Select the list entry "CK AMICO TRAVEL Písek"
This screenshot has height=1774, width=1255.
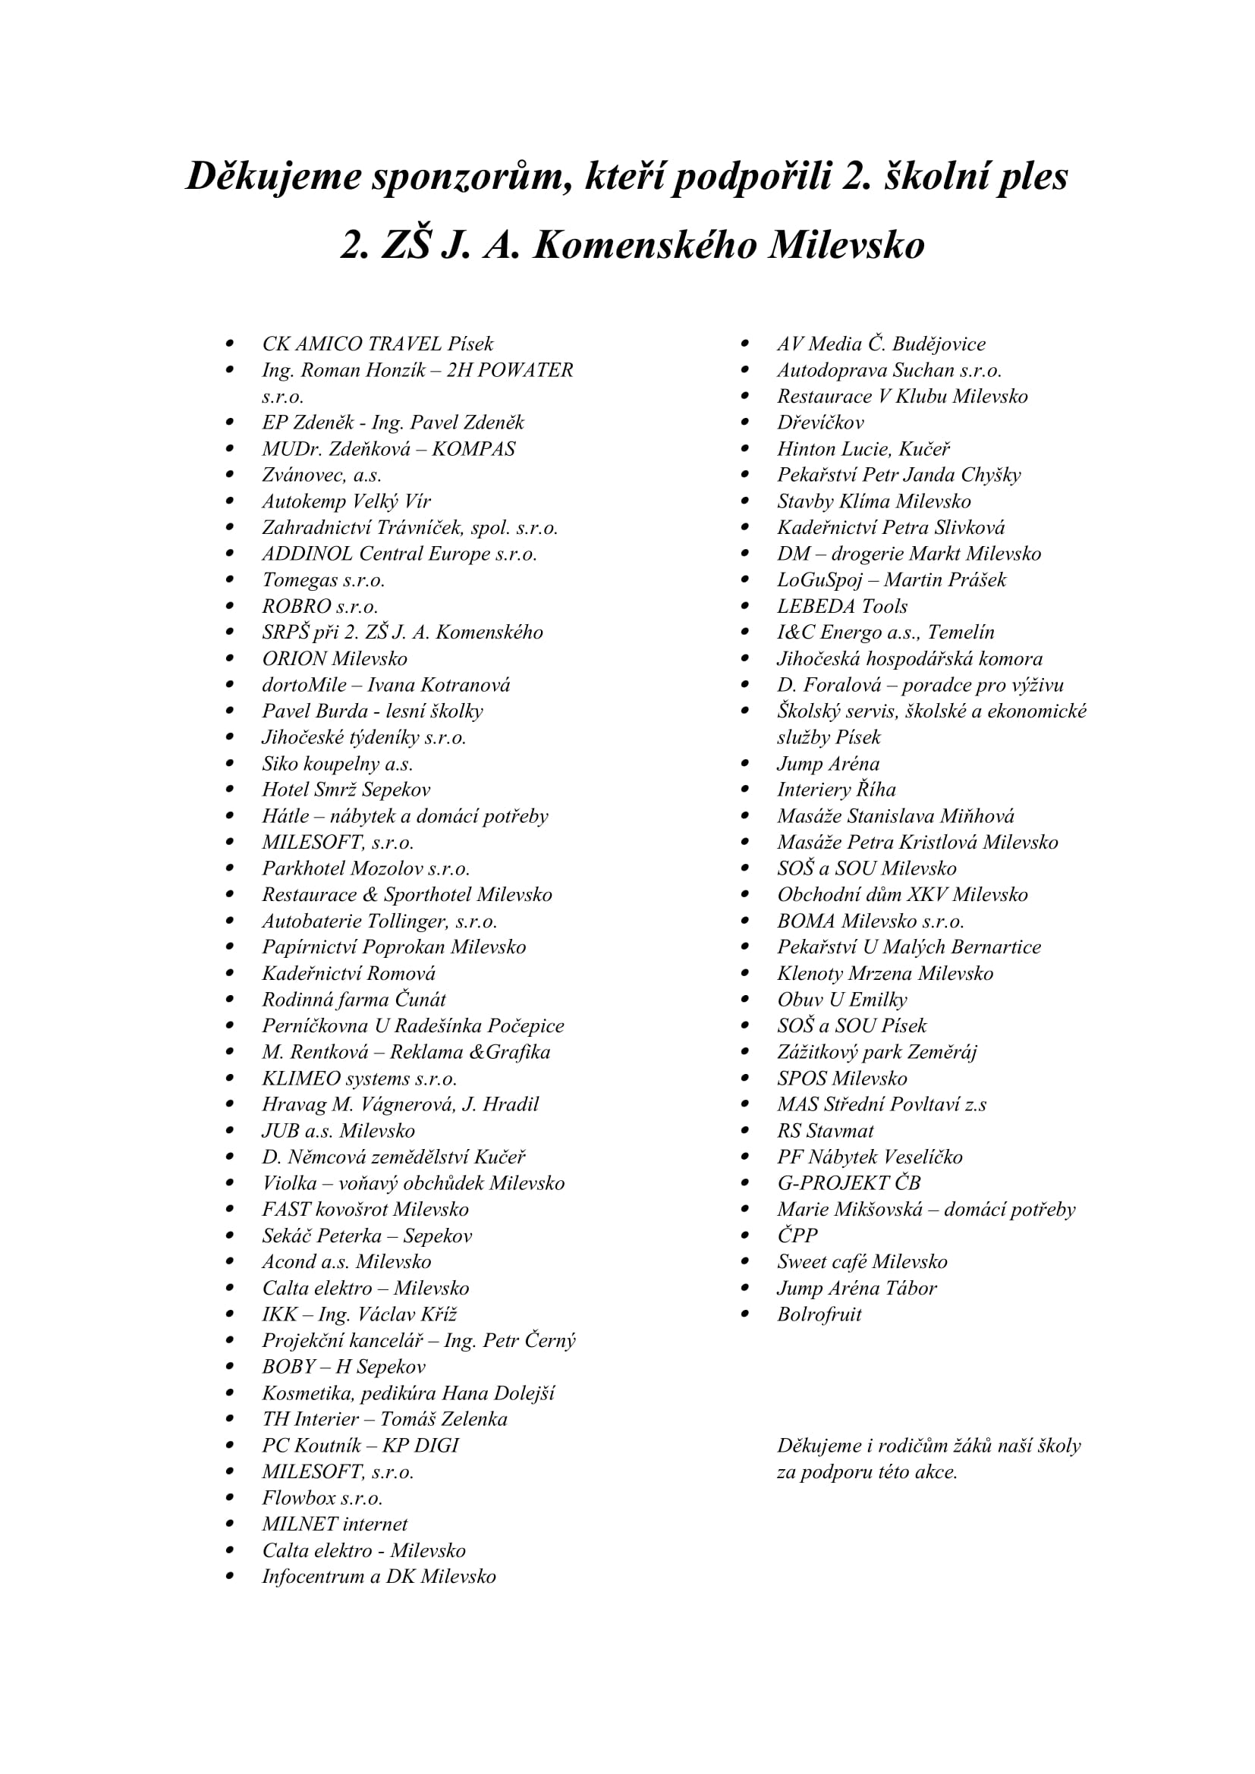click(x=377, y=344)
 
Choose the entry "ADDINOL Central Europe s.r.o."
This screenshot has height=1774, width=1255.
click(x=399, y=554)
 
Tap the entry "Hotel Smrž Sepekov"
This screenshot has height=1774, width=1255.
click(x=345, y=790)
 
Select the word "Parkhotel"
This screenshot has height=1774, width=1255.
click(x=303, y=868)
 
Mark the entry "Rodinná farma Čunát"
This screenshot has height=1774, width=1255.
click(x=354, y=1000)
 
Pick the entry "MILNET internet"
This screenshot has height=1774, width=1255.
click(x=335, y=1524)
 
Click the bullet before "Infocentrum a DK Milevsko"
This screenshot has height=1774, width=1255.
click(x=229, y=1576)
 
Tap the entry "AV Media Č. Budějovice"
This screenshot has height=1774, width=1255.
click(x=881, y=344)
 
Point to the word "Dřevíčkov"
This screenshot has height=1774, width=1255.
click(x=820, y=422)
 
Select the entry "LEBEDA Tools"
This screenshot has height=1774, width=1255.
click(x=841, y=607)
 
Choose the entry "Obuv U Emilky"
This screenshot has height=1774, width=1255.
click(x=841, y=1000)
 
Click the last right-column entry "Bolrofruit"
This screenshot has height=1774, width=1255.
click(x=819, y=1314)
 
